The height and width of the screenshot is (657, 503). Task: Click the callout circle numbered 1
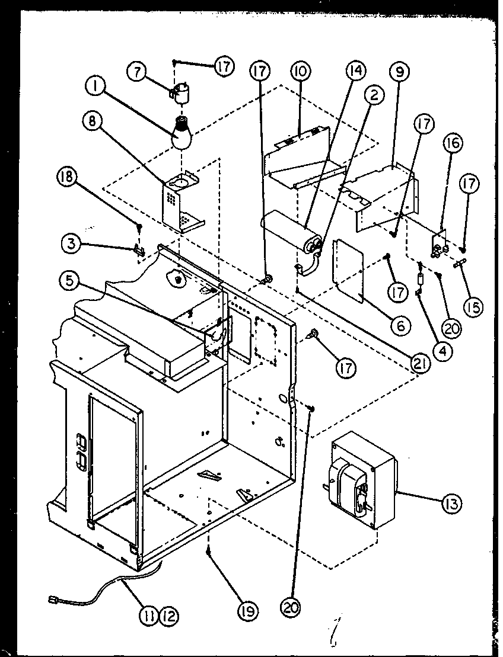(x=94, y=89)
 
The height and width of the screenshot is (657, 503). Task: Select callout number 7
(x=136, y=73)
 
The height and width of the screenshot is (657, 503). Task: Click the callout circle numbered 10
(x=300, y=73)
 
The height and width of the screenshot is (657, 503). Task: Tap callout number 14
(x=356, y=72)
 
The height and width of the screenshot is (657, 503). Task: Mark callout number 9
(x=399, y=73)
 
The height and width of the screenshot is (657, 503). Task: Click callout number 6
(x=400, y=324)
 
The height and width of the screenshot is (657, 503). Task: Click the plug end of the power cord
(x=53, y=602)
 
